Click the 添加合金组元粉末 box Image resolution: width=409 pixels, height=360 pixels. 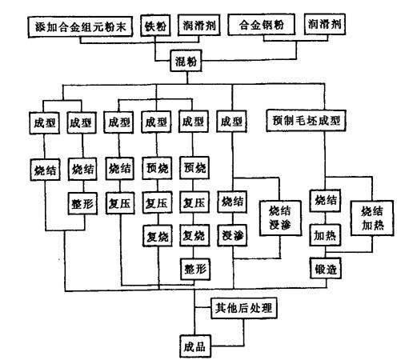coord(80,26)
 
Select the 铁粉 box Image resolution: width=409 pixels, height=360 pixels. coord(156,26)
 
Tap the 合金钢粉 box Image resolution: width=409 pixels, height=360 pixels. coord(262,25)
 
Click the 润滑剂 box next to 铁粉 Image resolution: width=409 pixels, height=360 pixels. coord(199,25)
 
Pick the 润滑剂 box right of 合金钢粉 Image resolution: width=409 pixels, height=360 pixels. coord(325,24)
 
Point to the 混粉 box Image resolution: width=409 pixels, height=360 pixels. coord(186,61)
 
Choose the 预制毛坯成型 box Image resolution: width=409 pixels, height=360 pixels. coord(307,121)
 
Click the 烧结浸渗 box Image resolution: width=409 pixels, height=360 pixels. coord(280,218)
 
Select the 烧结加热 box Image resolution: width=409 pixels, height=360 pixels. coord(372,218)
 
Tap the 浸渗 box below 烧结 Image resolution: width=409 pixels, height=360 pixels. coord(232,235)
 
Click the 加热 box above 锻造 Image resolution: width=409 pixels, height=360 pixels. coord(325,235)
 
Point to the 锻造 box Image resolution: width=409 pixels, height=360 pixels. coord(326,268)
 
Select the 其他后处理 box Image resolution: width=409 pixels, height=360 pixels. coord(244,308)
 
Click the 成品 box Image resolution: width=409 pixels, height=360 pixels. coord(195,346)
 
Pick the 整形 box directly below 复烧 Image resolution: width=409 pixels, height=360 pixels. coord(195,269)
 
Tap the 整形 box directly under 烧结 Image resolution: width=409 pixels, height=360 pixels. coord(82,204)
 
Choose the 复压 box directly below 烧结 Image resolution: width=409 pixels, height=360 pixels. coord(120,203)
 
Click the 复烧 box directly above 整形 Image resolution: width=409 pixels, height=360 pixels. coord(194,235)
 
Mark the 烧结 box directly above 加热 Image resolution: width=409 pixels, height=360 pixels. coord(325,201)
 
